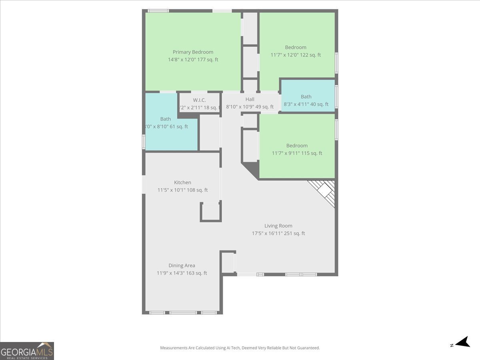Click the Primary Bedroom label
pyautogui.click(x=193, y=52)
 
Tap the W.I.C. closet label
pyautogui.click(x=199, y=100)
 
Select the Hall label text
pyautogui.click(x=250, y=99)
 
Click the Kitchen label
pyautogui.click(x=182, y=182)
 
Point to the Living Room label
pyautogui.click(x=278, y=226)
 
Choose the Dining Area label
pyautogui.click(x=182, y=266)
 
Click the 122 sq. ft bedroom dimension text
pyautogui.click(x=296, y=55)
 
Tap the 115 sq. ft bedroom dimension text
pyautogui.click(x=297, y=153)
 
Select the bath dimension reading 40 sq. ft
pyautogui.click(x=306, y=104)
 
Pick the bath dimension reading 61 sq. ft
pyautogui.click(x=166, y=127)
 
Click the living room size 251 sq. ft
pyautogui.click(x=278, y=234)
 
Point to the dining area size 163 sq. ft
pyautogui.click(x=182, y=273)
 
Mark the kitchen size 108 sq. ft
pyautogui.click(x=182, y=190)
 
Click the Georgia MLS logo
pyautogui.click(x=27, y=351)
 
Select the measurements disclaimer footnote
pyautogui.click(x=240, y=348)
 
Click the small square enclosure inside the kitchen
pyautogui.click(x=210, y=212)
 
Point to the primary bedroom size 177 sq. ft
pyautogui.click(x=193, y=60)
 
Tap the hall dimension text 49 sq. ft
pyautogui.click(x=250, y=107)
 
